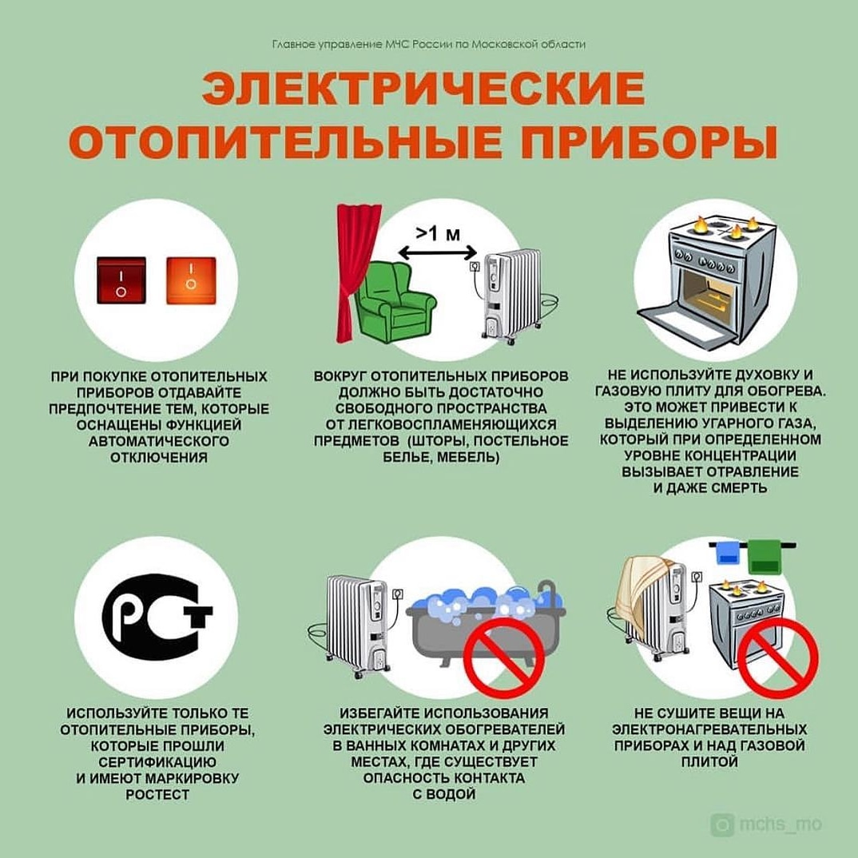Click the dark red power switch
(x=121, y=280)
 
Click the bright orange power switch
(x=191, y=280)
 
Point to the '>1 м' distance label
(x=438, y=233)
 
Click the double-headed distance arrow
(x=438, y=252)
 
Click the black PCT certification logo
(x=157, y=618)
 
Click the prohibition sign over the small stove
(x=777, y=657)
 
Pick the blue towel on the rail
(x=727, y=553)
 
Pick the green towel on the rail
(x=765, y=557)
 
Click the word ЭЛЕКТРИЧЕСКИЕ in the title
(x=423, y=88)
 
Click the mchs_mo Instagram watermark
(x=766, y=824)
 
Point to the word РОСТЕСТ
(x=157, y=795)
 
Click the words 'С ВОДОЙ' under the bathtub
(x=443, y=794)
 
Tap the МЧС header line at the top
(x=428, y=44)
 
